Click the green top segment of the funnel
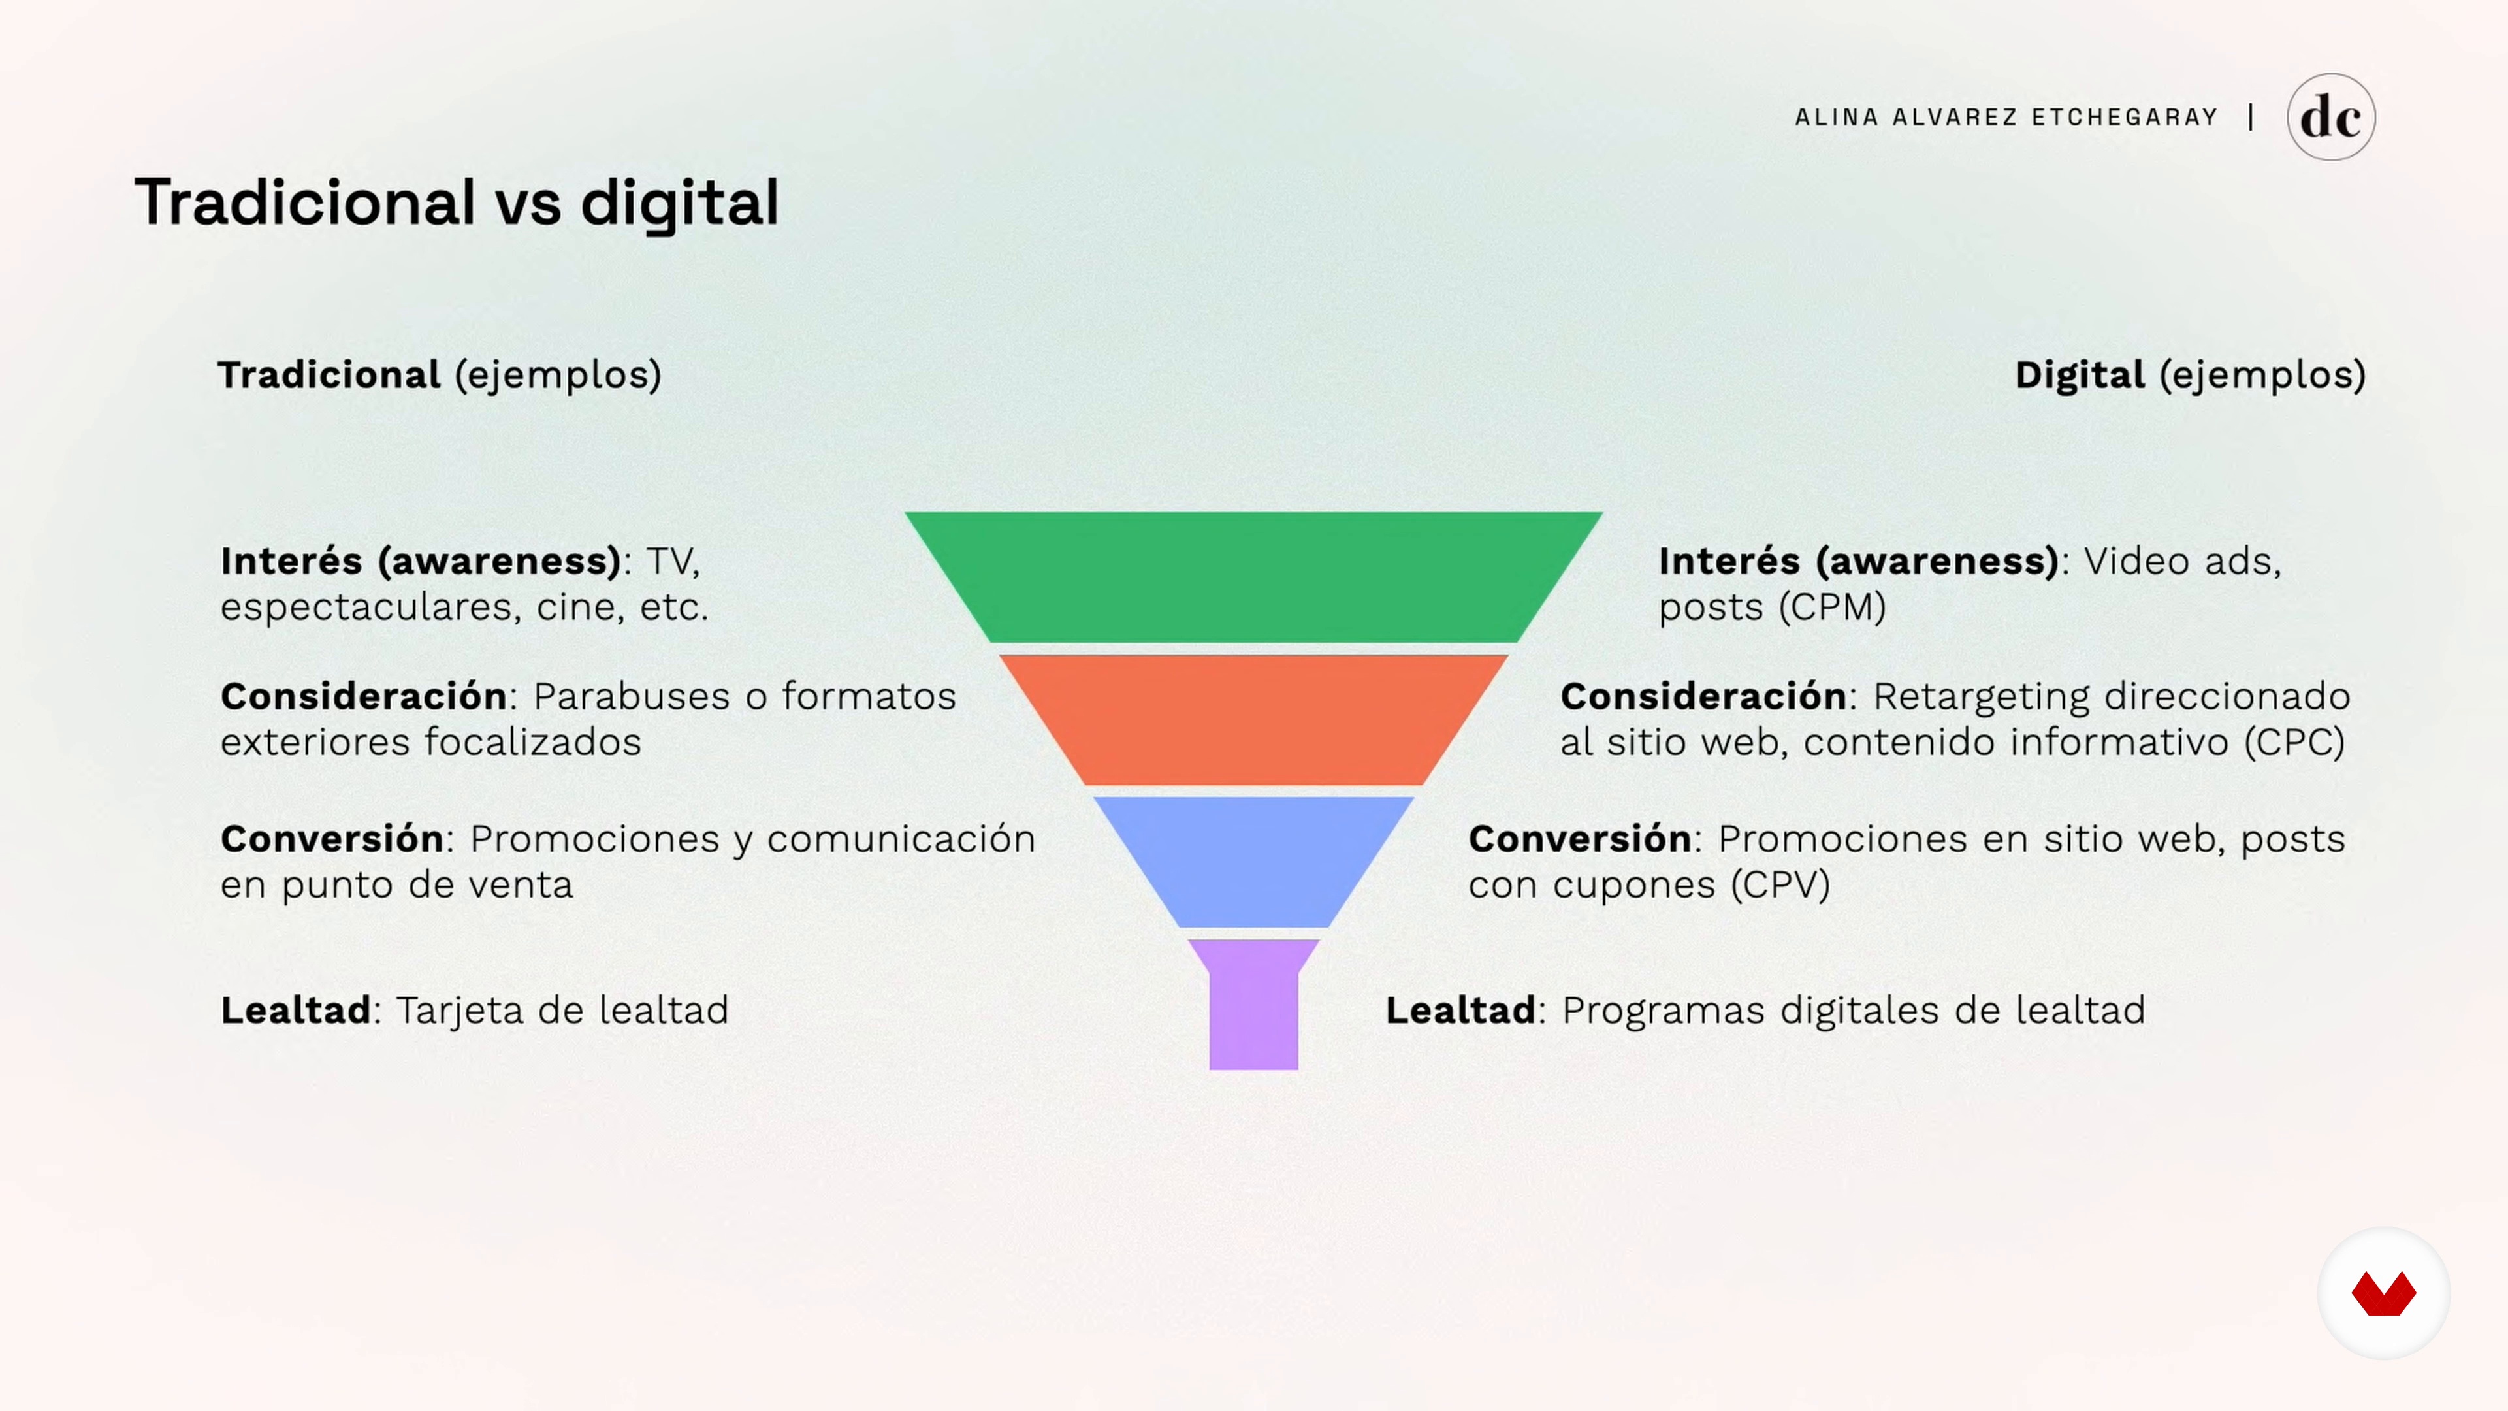click(x=1253, y=576)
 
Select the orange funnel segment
click(x=1253, y=719)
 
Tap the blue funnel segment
click(x=1253, y=861)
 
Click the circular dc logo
click(x=2331, y=117)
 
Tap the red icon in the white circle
click(x=2383, y=1293)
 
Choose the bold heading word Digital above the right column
click(x=2080, y=375)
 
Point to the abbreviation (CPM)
click(x=1832, y=607)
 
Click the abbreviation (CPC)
click(x=2294, y=742)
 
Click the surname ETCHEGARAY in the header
click(x=2125, y=117)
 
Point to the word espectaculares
click(x=366, y=608)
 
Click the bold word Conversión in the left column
click(x=332, y=838)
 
